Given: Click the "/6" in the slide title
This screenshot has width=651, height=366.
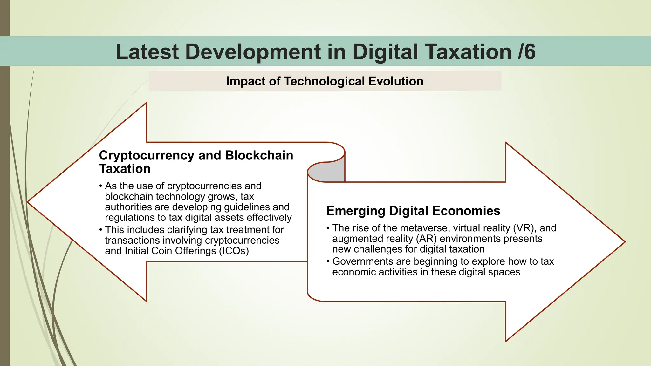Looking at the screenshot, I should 526,52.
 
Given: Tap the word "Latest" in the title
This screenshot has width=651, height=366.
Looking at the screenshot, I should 147,52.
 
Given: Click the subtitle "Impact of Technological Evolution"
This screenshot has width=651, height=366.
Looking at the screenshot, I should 325,81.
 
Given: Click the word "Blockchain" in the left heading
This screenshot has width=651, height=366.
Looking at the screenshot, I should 259,156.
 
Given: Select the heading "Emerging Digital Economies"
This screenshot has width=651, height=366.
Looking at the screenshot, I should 413,211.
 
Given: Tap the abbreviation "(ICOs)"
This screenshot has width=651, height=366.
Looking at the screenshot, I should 234,251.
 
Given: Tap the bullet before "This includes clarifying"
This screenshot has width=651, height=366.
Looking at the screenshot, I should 101,230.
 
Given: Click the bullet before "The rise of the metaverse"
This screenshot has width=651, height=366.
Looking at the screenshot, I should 328,228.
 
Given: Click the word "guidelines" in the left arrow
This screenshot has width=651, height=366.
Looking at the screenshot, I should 247,207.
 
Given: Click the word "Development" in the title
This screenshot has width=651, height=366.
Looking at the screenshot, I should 253,52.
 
